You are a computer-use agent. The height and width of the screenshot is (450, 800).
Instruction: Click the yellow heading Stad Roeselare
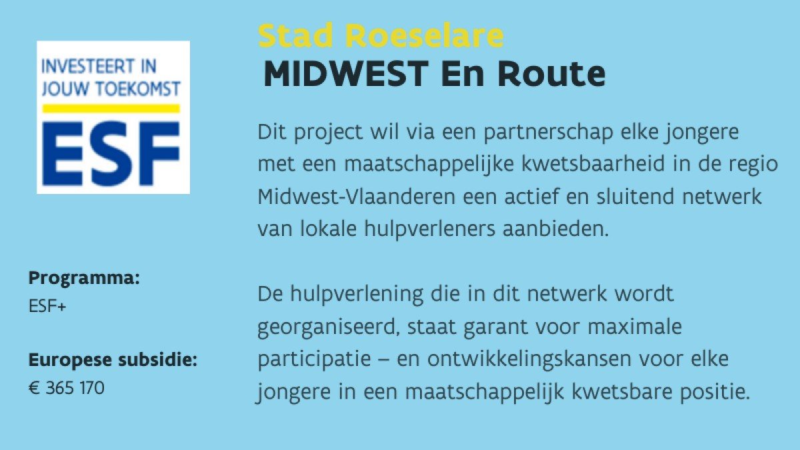point(381,36)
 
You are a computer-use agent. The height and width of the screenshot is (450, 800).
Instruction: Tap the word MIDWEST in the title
point(346,74)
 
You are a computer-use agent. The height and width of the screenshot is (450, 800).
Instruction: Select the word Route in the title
point(552,74)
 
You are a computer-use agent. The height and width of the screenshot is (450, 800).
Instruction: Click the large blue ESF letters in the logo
point(111,153)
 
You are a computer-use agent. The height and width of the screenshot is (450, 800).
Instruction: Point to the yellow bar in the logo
point(111,109)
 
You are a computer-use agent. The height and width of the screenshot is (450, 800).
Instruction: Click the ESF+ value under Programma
point(47,306)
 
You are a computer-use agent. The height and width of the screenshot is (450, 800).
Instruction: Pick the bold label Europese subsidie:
point(113,360)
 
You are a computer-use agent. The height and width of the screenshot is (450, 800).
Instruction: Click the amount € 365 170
point(67,388)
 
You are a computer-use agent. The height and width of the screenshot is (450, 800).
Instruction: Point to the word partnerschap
point(548,133)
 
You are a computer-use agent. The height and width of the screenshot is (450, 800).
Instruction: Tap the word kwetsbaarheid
point(593,164)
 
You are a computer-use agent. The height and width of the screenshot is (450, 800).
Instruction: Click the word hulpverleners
point(430,229)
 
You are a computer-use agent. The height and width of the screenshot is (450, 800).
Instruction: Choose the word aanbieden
point(556,229)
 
